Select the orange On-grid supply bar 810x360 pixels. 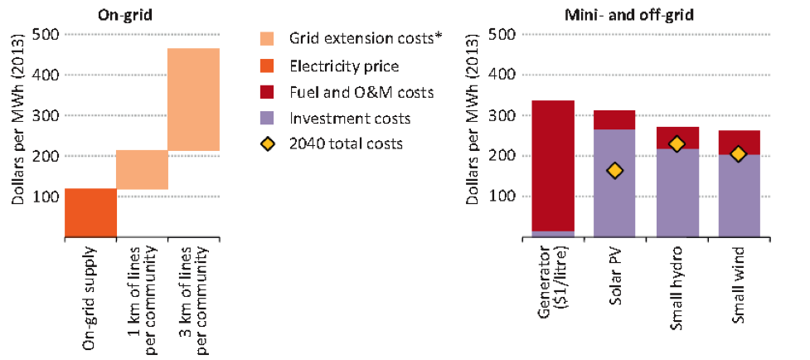[90, 212]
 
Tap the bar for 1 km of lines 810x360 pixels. [142, 169]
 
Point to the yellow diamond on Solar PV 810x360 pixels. [614, 171]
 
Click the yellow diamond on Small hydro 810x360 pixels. [677, 144]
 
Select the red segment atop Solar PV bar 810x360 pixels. [614, 119]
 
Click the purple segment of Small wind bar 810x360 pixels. [734, 203]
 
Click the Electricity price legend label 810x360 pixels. [344, 66]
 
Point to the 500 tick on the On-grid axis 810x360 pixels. [47, 35]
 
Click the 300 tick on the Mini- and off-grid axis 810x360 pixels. [507, 115]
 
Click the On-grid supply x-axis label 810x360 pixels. [90, 294]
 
